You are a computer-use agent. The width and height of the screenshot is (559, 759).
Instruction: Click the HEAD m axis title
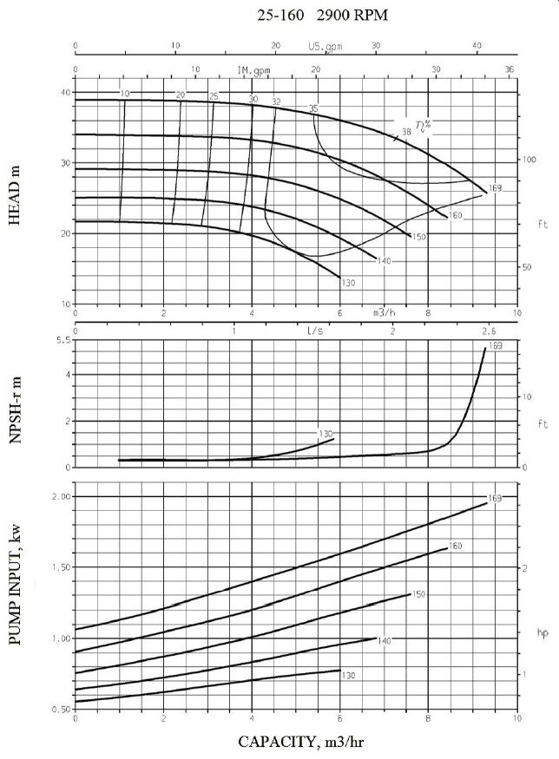pyautogui.click(x=15, y=198)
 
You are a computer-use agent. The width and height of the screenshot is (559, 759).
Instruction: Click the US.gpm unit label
pyautogui.click(x=324, y=46)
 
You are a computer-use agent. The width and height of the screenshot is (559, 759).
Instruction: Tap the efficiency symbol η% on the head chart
pyautogui.click(x=424, y=126)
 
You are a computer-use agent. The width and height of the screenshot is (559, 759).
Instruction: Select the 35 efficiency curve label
pyautogui.click(x=313, y=108)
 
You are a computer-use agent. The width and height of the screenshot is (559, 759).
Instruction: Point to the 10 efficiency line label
pyautogui.click(x=125, y=94)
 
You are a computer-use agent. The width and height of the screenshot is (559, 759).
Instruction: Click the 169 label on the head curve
pyautogui.click(x=496, y=188)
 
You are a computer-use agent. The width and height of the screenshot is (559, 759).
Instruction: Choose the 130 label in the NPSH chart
pyautogui.click(x=326, y=434)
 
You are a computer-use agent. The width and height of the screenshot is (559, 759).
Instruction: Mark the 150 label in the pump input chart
pyautogui.click(x=418, y=594)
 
